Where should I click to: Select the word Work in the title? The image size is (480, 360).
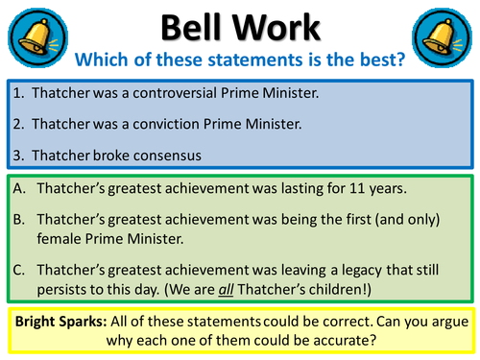284,27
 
